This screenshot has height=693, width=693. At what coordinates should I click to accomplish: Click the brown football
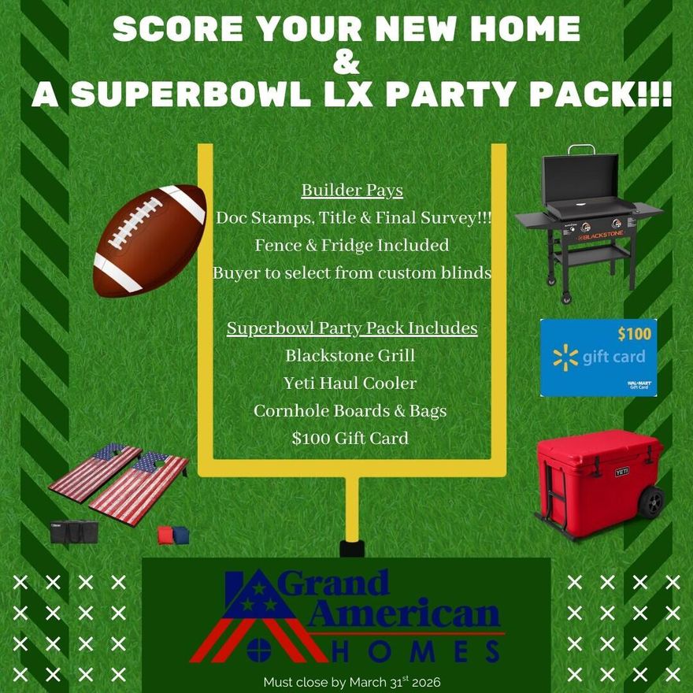coord(150,239)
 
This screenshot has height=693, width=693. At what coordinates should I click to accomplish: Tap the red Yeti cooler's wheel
coord(651,502)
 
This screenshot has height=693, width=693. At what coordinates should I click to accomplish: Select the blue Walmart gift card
coord(598,358)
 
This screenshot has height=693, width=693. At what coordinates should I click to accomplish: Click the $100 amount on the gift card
coord(634,334)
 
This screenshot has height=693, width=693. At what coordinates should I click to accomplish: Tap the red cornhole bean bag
coord(165,535)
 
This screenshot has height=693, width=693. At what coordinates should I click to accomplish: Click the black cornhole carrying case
coord(74,532)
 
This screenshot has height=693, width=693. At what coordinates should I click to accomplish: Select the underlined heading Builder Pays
coord(352,191)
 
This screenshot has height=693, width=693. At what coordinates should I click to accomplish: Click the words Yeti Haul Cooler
coord(350,384)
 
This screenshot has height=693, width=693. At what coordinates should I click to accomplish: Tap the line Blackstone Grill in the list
coord(350,355)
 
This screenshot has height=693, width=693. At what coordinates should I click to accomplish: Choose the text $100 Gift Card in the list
coord(350,438)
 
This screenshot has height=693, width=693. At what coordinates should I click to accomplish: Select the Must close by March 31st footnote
coord(358,681)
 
